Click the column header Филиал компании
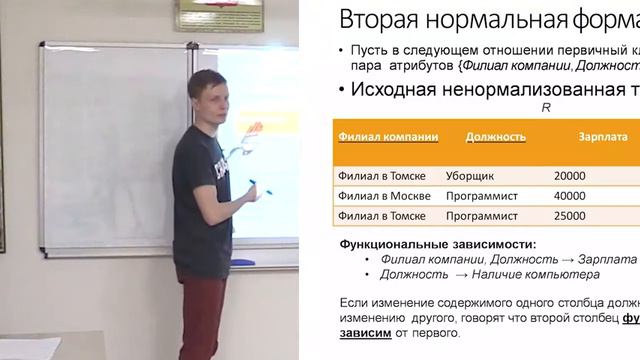point(385,138)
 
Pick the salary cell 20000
point(568,175)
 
